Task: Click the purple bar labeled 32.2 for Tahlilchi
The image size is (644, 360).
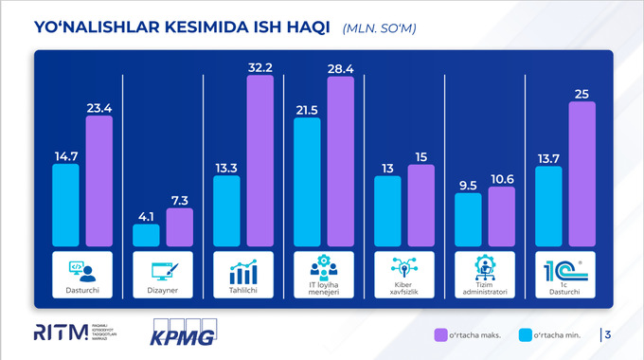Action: pyautogui.click(x=260, y=161)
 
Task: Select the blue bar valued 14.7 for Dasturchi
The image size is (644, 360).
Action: pyautogui.click(x=66, y=205)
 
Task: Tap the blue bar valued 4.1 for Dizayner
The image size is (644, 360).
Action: pyautogui.click(x=146, y=235)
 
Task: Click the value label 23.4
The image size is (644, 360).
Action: pyautogui.click(x=98, y=107)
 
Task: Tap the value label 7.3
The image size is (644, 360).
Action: pyautogui.click(x=180, y=199)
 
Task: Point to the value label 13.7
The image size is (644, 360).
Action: pyautogui.click(x=549, y=156)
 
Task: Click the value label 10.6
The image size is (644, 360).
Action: pyautogui.click(x=502, y=178)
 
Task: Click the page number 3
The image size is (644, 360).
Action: pyautogui.click(x=607, y=334)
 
